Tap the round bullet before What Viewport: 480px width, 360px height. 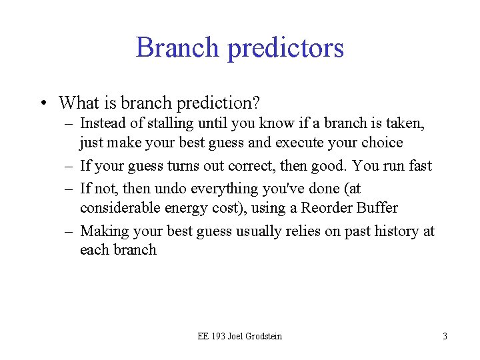[x=43, y=103]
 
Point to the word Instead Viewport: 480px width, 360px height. [x=101, y=123]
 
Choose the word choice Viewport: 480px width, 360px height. [x=382, y=143]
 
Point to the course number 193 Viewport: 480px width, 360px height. [x=218, y=336]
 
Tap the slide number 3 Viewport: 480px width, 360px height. [x=445, y=336]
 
